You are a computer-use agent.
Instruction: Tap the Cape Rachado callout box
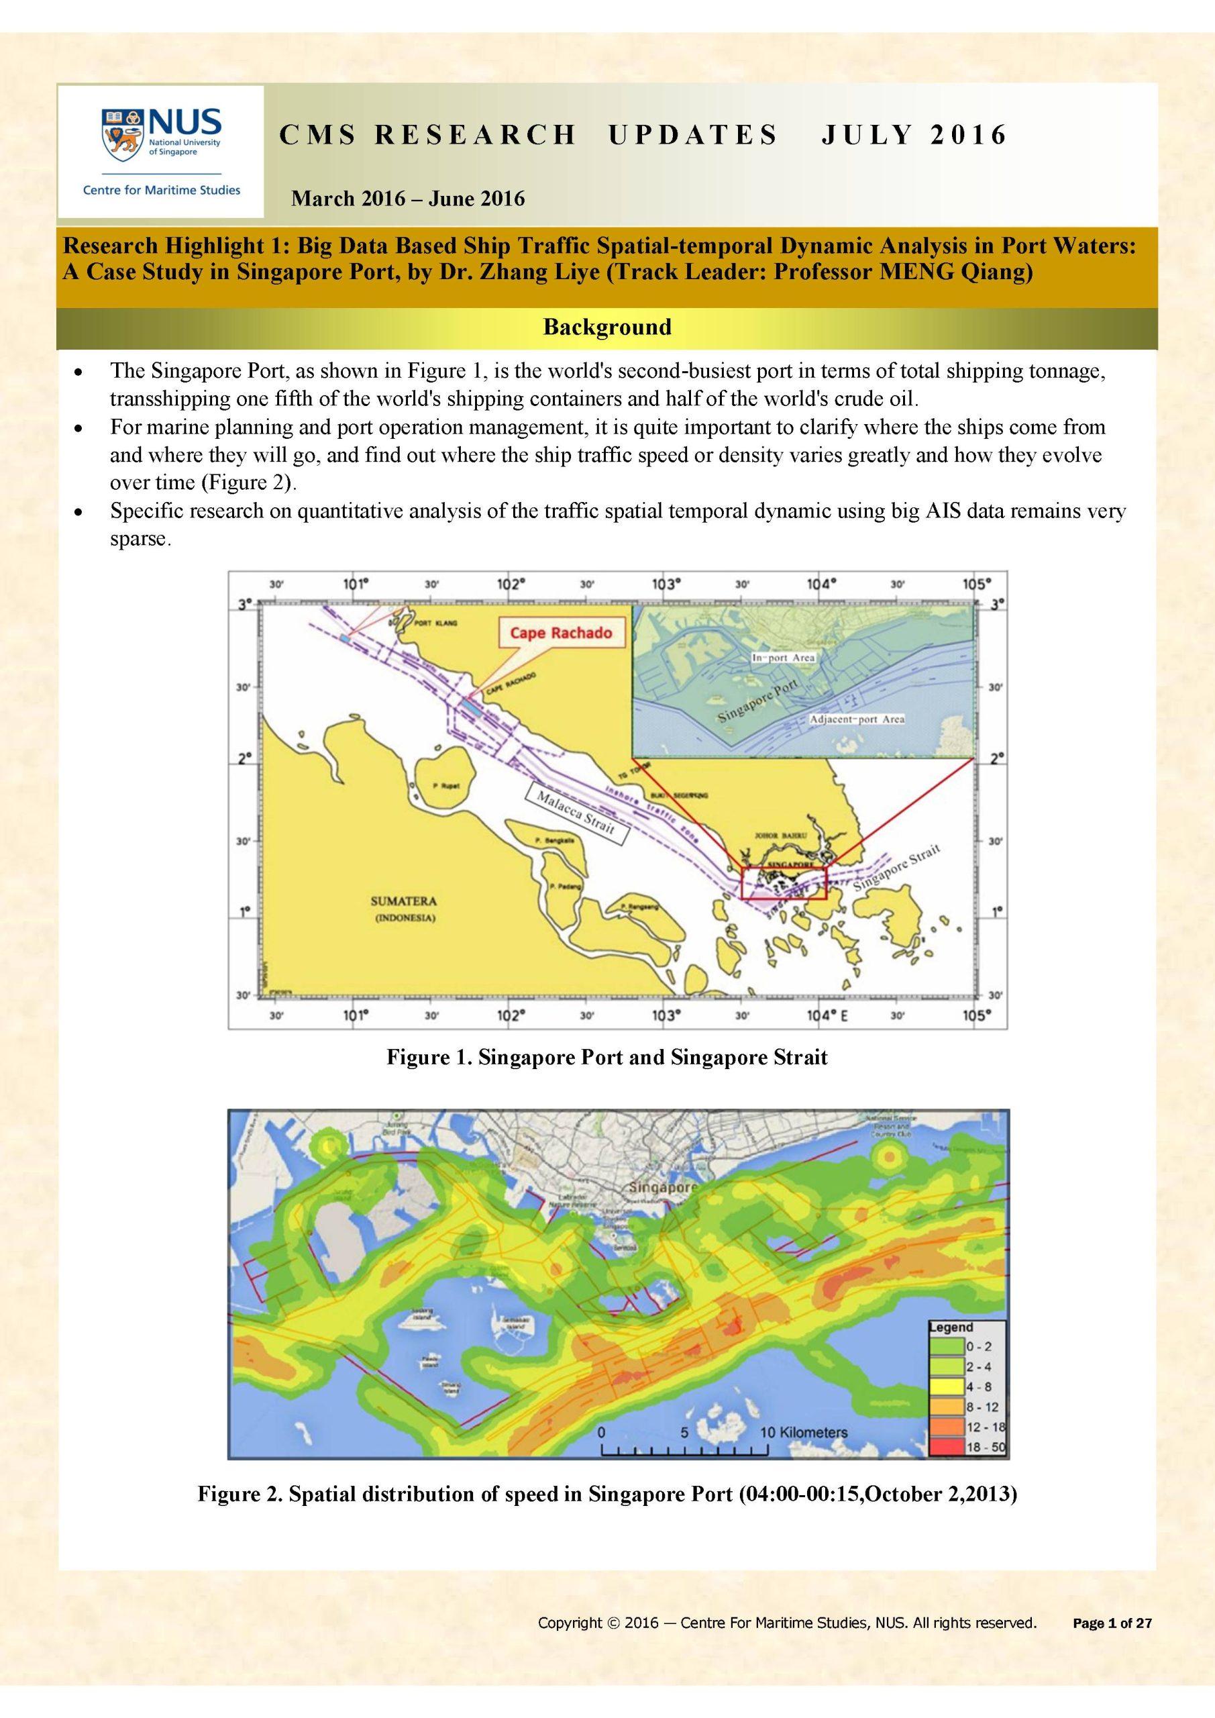[x=560, y=633]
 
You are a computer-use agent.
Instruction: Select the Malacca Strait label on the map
[x=576, y=814]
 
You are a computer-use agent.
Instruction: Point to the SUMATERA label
[x=403, y=902]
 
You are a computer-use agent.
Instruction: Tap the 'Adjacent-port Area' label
[x=857, y=719]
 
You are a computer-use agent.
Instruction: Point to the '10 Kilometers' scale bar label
[x=804, y=1432]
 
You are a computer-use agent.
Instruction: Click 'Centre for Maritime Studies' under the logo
[x=162, y=190]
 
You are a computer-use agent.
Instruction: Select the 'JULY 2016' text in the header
[x=914, y=135]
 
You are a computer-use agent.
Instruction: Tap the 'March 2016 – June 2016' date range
[x=408, y=199]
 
